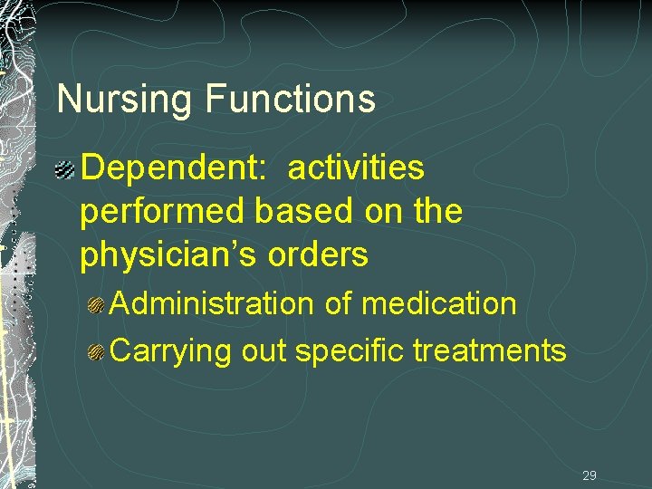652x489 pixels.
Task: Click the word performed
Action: point(163,212)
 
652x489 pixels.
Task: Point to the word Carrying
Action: point(171,350)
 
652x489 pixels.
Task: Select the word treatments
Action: point(489,350)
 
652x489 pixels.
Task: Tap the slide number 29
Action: point(590,475)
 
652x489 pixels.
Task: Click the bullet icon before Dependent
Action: point(66,168)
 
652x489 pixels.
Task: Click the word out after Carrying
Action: point(264,350)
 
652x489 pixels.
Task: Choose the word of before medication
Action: point(338,303)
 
